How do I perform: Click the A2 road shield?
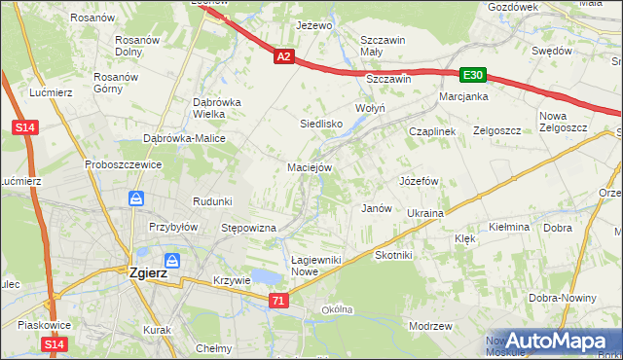283,57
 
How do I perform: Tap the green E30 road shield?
473,75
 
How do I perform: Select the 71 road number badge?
279,302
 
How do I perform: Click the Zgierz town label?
148,273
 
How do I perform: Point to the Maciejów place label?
311,167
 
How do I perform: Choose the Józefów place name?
420,181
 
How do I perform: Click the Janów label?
376,208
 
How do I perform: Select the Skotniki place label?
394,255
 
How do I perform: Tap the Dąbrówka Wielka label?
216,107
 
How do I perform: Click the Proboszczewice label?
123,164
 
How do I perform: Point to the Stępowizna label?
249,228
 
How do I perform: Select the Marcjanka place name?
462,97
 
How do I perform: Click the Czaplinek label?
432,131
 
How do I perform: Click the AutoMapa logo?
558,341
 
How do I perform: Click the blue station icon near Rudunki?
136,199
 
